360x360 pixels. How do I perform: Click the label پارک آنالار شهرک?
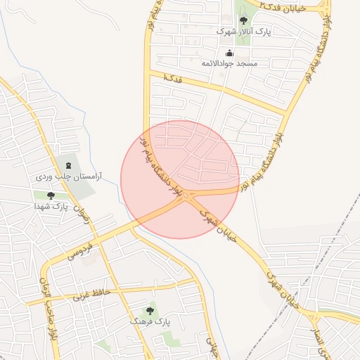click(x=233, y=32)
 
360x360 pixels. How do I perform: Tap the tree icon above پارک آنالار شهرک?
click(x=243, y=20)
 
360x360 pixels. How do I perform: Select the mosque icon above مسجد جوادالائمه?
click(x=229, y=53)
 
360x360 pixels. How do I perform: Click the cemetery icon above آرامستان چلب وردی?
click(x=68, y=165)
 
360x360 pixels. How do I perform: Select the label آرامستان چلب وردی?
click(x=68, y=176)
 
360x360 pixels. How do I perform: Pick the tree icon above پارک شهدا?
click(x=50, y=195)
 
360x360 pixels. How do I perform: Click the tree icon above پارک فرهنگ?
click(x=150, y=309)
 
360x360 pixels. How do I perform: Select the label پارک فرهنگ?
click(x=150, y=321)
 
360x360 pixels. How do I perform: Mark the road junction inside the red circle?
click(x=185, y=198)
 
